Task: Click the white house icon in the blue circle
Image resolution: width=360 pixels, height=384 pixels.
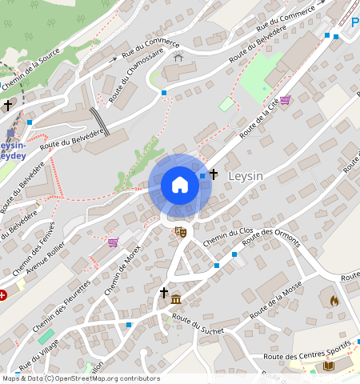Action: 180,185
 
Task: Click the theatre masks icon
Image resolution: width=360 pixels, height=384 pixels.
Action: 181,232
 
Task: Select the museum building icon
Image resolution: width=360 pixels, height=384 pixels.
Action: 175,299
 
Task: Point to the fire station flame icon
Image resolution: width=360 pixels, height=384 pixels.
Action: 334,301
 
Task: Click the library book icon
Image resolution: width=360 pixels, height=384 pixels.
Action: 327,366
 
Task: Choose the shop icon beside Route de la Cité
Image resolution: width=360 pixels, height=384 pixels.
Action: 285,100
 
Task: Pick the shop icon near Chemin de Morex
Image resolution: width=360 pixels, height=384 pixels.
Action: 113,242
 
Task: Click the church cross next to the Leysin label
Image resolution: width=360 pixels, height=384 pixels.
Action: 214,174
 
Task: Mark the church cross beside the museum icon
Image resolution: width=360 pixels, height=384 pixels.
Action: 164,293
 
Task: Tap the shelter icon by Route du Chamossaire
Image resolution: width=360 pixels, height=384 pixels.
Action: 178,58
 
